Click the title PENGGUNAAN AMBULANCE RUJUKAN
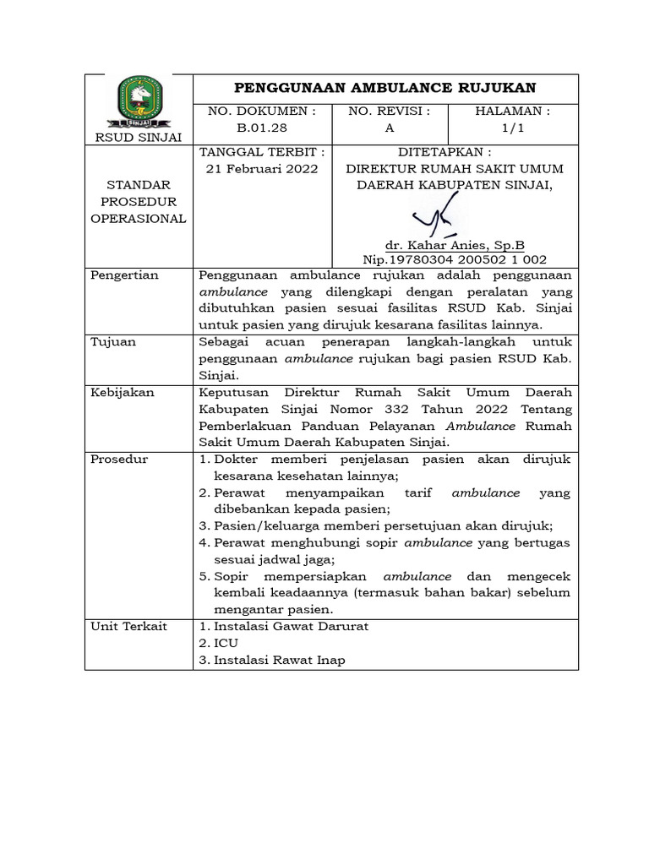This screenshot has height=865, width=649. pos(384,89)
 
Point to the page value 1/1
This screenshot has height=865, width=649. pos(512,128)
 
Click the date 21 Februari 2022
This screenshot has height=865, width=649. pos(262,168)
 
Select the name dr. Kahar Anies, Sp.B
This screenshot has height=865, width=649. pos(455,245)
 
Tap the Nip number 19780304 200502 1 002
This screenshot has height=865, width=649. pos(455,259)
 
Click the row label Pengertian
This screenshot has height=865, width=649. pos(126,275)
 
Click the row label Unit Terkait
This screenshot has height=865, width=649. pos(128,626)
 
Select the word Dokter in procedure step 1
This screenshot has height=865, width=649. pos(239,459)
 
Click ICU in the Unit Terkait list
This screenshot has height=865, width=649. pos(226,643)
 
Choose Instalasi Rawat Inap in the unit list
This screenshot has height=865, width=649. pos(279,660)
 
